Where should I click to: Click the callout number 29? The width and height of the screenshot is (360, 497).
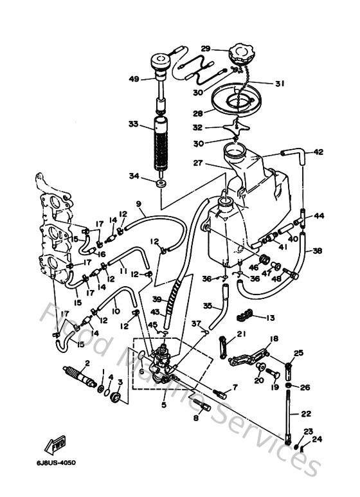[205, 49]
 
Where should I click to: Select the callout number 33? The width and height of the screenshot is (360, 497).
[133, 124]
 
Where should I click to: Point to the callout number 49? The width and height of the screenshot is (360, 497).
[134, 79]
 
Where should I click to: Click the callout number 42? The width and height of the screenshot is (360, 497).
[319, 152]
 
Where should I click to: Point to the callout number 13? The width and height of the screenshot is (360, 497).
[269, 317]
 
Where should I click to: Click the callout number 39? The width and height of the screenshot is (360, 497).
[156, 299]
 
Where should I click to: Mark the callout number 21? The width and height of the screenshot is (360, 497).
[241, 333]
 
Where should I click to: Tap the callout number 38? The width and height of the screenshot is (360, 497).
[317, 251]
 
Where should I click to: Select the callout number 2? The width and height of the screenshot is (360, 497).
[87, 363]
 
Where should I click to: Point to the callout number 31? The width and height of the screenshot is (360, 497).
[280, 84]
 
